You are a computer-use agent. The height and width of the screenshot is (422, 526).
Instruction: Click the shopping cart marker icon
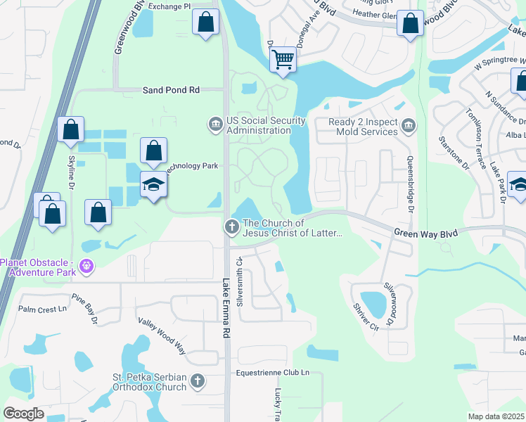[283, 59]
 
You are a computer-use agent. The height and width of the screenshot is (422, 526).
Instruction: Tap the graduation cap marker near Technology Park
[154, 185]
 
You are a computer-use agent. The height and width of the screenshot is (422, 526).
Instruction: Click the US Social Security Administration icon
[215, 124]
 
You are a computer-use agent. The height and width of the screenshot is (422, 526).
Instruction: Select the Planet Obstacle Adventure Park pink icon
[86, 266]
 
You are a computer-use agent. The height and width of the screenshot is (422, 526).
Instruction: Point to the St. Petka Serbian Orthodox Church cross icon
[198, 381]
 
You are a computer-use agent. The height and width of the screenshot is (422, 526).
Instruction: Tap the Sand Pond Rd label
[172, 90]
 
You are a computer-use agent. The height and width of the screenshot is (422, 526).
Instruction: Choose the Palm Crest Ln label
[41, 309]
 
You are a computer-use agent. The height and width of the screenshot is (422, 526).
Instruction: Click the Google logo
[24, 414]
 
